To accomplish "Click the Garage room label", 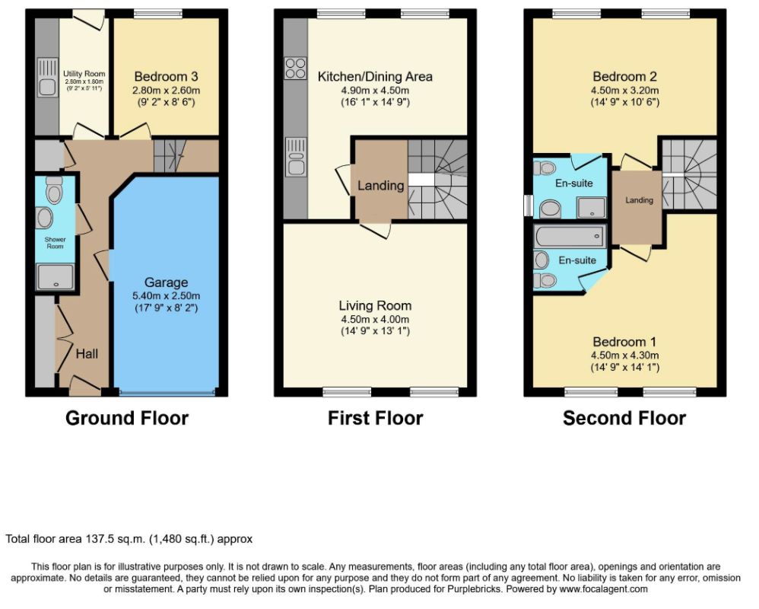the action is coord(166,282).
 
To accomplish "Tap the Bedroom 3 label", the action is coord(166,77).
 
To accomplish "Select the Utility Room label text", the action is coord(84,74).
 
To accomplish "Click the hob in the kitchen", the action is coord(295,68).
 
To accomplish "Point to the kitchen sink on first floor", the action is coord(296,157).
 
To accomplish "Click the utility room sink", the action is coord(47,77).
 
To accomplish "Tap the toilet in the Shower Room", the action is coord(54,190).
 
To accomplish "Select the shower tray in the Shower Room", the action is coord(56,276).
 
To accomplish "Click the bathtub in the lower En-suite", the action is coord(570,237).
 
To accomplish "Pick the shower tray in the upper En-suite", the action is coord(591,207).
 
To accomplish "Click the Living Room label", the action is coord(375,306).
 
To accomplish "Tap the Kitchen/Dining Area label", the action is coord(375,77).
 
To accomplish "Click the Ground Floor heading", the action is coord(127,418).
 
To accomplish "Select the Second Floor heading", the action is coord(624,418).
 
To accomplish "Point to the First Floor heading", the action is coord(376,418).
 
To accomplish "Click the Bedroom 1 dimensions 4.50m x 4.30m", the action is coord(625,356).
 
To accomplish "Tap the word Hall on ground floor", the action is coord(87,354).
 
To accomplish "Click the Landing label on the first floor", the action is coord(381,186).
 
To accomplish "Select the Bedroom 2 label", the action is coord(625,77).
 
